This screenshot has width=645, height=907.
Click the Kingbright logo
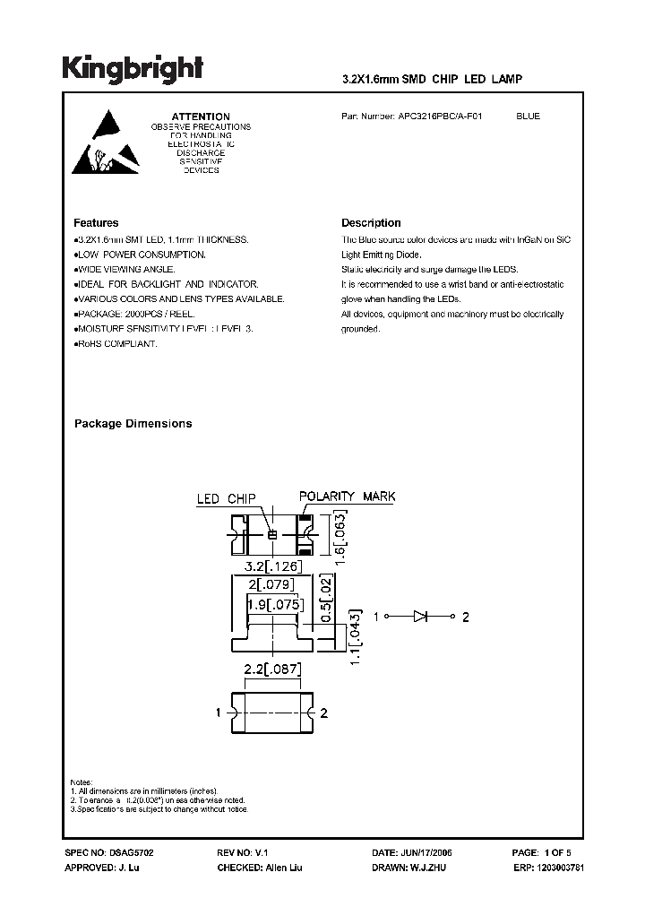tap(133, 68)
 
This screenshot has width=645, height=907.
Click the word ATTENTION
tap(201, 117)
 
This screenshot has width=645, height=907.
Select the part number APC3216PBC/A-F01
tap(438, 117)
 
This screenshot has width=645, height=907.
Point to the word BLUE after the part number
tap(529, 117)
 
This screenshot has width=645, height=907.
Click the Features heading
tap(96, 223)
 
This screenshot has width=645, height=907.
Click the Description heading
tap(371, 223)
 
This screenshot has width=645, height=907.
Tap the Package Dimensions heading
tap(133, 424)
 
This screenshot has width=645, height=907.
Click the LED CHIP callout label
tap(226, 498)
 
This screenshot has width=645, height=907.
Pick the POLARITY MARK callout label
tap(347, 497)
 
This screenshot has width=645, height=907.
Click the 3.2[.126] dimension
tap(272, 567)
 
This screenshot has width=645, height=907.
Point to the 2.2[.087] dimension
tap(272, 668)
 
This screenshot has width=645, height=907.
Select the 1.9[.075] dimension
tap(272, 604)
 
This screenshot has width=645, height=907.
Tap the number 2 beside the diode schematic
tap(466, 617)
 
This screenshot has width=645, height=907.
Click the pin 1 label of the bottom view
tap(219, 713)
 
